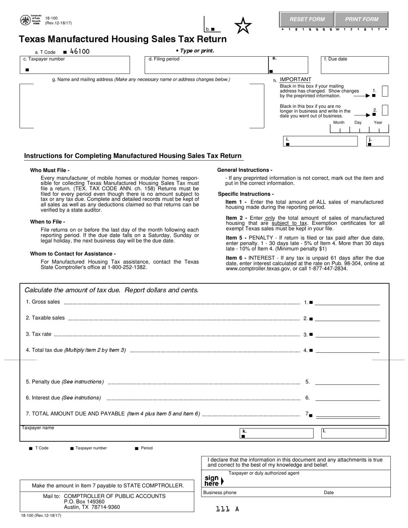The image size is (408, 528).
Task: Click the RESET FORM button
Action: point(307,19)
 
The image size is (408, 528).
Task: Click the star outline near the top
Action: point(243,26)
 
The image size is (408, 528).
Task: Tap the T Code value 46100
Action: point(80,52)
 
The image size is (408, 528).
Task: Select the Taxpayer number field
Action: point(75,65)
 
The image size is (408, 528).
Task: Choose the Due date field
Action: point(355,65)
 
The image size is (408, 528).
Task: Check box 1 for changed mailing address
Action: point(385,91)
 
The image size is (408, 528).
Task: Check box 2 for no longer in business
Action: point(385,110)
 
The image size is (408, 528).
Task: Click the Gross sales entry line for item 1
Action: point(347,302)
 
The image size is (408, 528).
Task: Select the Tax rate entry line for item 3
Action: point(347,334)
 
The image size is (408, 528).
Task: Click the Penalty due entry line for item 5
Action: point(347,382)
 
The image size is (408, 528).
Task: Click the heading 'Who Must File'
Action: point(50,170)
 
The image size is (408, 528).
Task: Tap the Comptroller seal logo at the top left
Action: point(25,20)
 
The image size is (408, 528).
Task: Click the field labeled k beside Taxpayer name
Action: point(277,433)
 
